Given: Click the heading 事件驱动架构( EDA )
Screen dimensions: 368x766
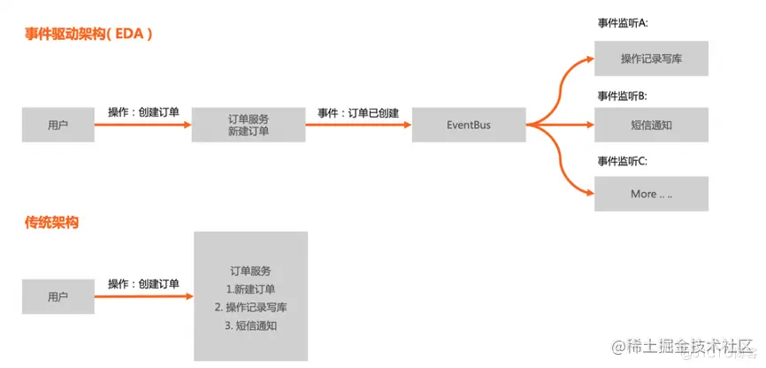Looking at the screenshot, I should [89, 36].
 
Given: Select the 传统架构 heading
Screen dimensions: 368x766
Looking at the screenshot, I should [52, 223].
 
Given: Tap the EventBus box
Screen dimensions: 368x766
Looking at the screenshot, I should [469, 126].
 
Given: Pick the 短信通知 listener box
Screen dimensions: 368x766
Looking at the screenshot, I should [651, 126].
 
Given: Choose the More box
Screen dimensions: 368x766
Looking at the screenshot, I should [651, 194].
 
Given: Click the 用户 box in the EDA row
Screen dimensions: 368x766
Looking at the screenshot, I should [58, 126].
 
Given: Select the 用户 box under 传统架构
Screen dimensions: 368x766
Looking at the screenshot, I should [58, 297].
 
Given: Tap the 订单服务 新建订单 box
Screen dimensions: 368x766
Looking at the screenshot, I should [249, 126].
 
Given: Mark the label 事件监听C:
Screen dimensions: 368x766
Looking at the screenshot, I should [624, 161].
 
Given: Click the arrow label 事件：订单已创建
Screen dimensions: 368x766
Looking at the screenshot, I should [358, 113].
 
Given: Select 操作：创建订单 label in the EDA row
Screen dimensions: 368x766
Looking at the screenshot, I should [143, 112].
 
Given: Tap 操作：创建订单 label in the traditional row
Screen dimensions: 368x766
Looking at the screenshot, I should [143, 284].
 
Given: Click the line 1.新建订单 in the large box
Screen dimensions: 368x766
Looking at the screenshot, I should [249, 289].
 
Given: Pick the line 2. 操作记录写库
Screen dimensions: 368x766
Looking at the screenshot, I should [250, 308].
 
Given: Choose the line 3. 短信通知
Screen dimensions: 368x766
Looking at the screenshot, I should [250, 326].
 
